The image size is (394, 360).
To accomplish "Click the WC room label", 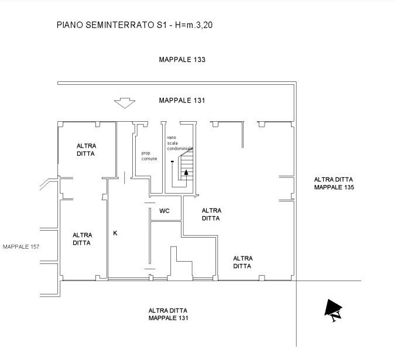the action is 165,211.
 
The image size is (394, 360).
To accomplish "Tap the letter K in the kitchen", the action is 115,233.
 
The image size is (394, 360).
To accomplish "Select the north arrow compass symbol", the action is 334,310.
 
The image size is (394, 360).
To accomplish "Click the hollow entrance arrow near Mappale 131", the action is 125,103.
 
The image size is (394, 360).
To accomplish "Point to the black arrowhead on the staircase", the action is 186,172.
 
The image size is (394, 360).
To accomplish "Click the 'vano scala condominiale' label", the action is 180,143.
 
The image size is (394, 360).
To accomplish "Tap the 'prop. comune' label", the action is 149,156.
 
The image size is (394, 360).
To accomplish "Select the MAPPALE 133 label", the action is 182,60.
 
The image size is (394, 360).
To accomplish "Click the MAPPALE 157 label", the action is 21,246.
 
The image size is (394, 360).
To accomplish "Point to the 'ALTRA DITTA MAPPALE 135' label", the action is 334,183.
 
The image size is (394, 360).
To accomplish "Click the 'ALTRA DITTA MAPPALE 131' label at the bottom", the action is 169,314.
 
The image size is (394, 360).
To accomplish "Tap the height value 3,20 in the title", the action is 204,25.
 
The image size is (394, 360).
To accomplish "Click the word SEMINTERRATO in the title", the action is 119,25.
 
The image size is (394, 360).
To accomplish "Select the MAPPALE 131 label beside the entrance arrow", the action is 182,101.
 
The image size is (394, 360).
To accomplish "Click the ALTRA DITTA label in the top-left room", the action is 86,150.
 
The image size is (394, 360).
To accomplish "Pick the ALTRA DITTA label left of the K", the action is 82,239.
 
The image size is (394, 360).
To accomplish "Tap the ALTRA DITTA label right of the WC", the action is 211,214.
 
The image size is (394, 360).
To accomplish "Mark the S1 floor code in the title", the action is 160,25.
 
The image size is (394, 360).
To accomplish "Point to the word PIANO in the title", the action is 70,25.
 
